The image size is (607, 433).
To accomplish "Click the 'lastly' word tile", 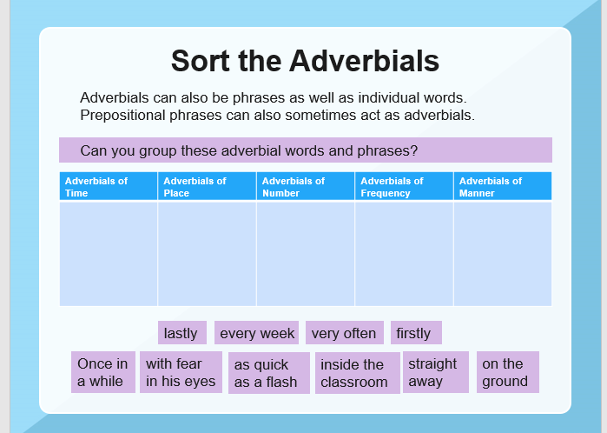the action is tap(182, 333).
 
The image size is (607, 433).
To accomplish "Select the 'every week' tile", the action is tap(256, 333).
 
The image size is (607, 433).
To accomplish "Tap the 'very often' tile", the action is tap(345, 333).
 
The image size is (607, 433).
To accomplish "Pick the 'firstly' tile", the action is tap(416, 333).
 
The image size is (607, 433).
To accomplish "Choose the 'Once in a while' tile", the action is tap(103, 372).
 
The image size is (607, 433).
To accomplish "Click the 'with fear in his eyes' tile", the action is tap(181, 372).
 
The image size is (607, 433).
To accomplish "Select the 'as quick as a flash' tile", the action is tap(269, 373).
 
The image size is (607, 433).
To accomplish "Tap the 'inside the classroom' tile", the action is tap(357, 373).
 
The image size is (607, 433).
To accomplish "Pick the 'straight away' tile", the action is tap(436, 372).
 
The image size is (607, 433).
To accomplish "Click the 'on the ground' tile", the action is tap(507, 372).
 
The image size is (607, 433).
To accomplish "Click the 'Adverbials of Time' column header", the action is tap(109, 186).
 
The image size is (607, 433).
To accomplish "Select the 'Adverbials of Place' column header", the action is tap(207, 186).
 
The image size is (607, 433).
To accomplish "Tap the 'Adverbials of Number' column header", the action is tap(306, 186).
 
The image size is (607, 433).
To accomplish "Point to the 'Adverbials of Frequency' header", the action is tap(404, 186).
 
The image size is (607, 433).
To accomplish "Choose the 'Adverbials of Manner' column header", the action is tap(503, 186).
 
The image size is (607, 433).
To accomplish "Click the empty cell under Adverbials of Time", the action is tap(109, 254).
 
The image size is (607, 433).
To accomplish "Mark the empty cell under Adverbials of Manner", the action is tap(503, 254).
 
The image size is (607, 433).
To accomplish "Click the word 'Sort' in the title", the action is tap(201, 61).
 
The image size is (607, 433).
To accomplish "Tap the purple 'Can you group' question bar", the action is tap(306, 150).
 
